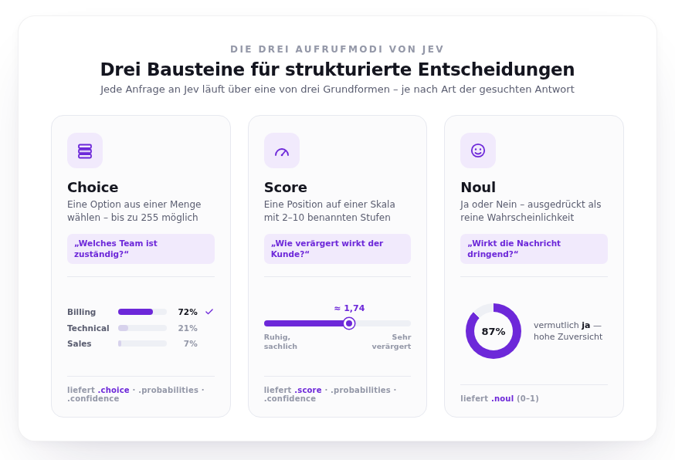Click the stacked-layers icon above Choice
(x=85, y=151)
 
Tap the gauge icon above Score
(x=282, y=152)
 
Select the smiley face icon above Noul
(x=478, y=151)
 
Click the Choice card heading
(x=93, y=188)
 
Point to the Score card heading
(x=286, y=188)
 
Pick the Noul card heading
(x=478, y=188)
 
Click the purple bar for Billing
(x=135, y=312)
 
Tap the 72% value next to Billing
(x=188, y=312)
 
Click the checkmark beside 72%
(x=209, y=312)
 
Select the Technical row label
(x=88, y=328)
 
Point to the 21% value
(x=188, y=328)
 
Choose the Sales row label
(x=80, y=343)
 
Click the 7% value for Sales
(x=191, y=343)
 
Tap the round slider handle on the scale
(x=349, y=323)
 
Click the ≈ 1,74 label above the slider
(x=349, y=308)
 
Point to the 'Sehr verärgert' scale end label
(x=392, y=342)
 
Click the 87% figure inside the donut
(x=494, y=331)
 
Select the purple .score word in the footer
(x=308, y=390)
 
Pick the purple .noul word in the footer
(x=502, y=398)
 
